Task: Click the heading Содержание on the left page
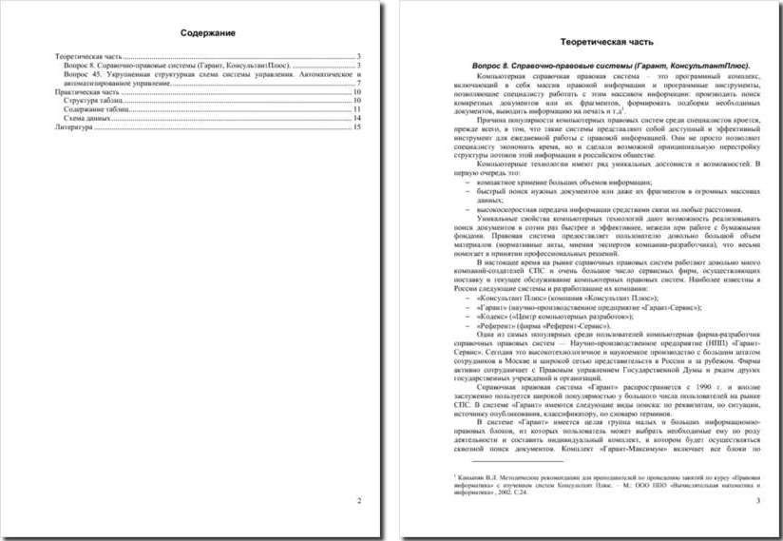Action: [x=207, y=34]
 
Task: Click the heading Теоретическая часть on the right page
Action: [x=606, y=44]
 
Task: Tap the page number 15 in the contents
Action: [x=357, y=126]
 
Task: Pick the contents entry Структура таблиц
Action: [x=93, y=100]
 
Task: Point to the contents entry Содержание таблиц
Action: [x=96, y=108]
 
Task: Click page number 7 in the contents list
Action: [x=359, y=83]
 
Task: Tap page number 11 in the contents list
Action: [x=357, y=108]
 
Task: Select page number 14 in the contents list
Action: [x=357, y=117]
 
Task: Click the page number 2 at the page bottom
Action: [x=358, y=500]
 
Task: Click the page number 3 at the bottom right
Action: [x=756, y=500]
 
